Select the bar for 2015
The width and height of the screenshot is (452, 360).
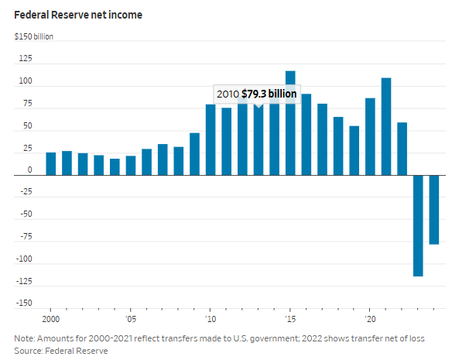tap(290, 123)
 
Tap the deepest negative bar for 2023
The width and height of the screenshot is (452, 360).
tap(418, 225)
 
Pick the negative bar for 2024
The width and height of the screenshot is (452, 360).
tap(434, 210)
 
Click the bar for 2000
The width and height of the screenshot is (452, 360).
tap(51, 164)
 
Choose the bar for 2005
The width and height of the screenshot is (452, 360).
tap(131, 166)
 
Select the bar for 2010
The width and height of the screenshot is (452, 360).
tap(211, 140)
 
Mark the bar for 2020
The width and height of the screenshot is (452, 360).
tap(370, 137)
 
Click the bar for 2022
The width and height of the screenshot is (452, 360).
tap(402, 149)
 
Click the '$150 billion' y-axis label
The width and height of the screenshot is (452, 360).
tap(34, 36)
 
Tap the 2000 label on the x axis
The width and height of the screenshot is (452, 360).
tap(51, 318)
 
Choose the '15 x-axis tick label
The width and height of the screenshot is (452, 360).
tap(290, 318)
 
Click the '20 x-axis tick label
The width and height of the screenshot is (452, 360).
tap(370, 318)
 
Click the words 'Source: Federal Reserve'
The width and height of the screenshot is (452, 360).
tap(60, 351)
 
